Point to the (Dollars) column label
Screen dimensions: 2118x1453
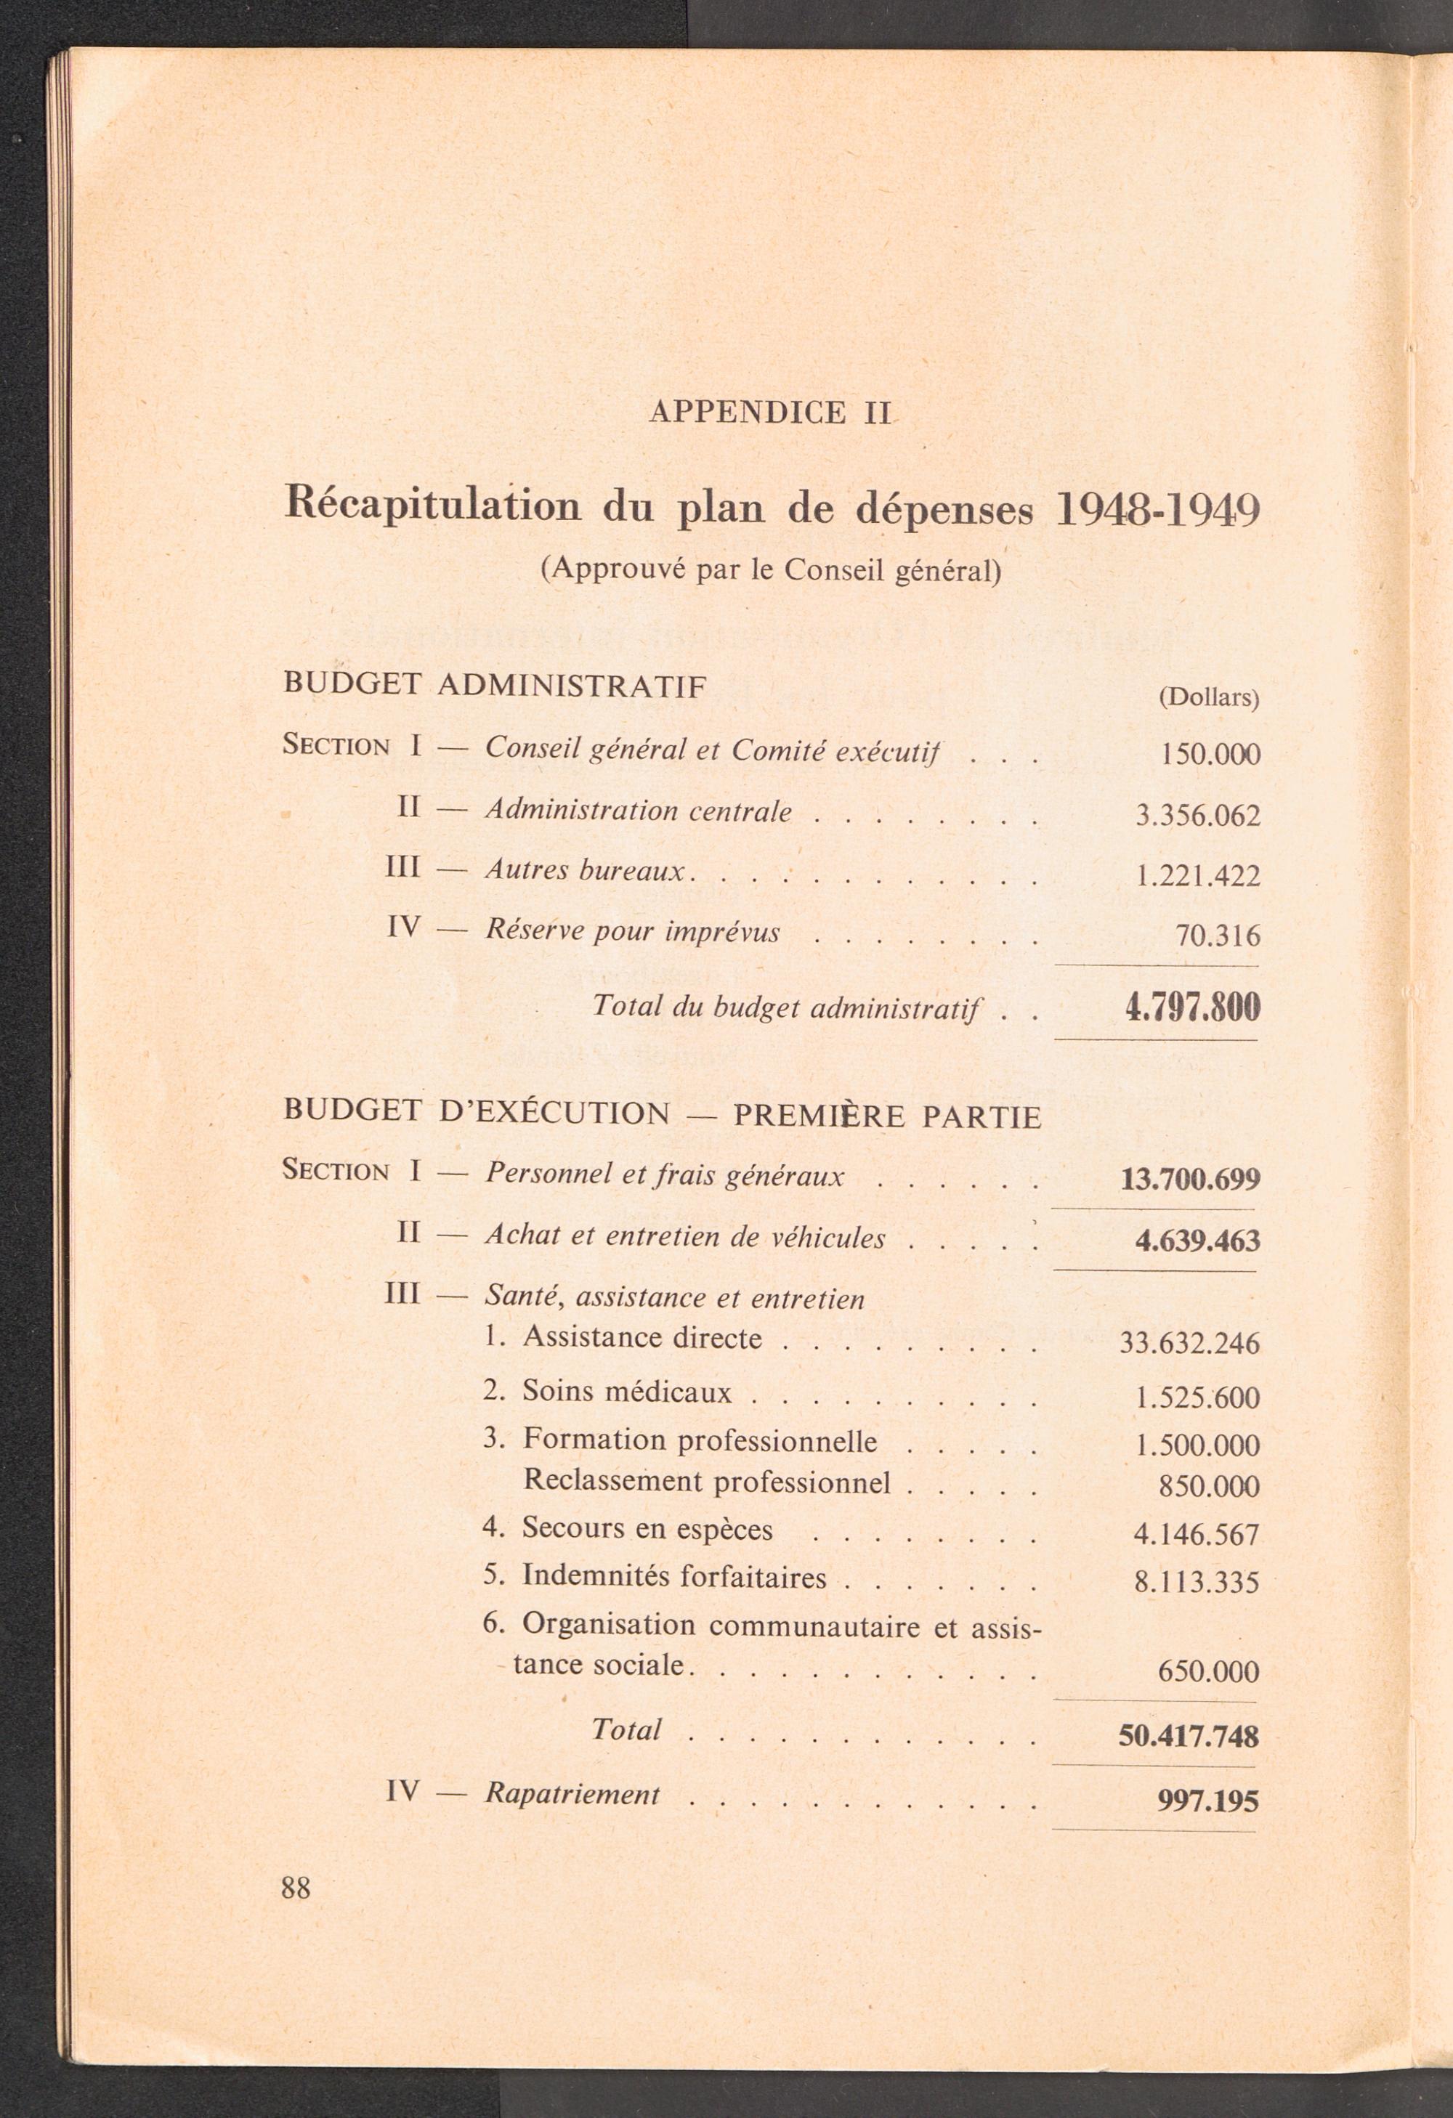pyautogui.click(x=1207, y=698)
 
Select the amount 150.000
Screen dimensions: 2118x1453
pyautogui.click(x=1210, y=755)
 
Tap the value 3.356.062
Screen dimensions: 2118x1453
pyautogui.click(x=1197, y=815)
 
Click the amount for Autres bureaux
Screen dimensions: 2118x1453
pyautogui.click(x=1197, y=876)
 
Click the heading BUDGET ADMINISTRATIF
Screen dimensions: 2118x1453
pyautogui.click(x=495, y=686)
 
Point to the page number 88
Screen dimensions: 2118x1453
pyautogui.click(x=296, y=1888)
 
